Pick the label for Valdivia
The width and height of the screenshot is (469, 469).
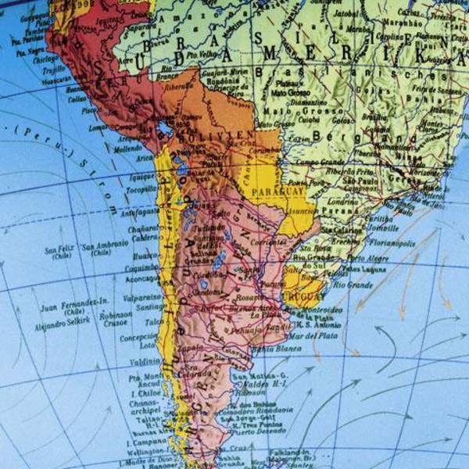[x=146, y=361]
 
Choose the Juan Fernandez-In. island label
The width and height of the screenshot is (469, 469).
[x=76, y=302]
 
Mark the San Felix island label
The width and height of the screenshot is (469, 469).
[x=59, y=249]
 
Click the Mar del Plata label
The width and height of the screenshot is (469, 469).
[x=312, y=335]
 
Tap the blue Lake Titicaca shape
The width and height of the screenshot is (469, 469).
[x=165, y=127]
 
